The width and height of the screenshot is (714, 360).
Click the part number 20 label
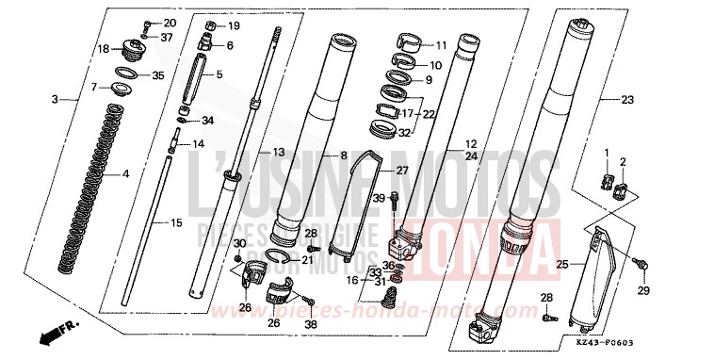[x=170, y=23]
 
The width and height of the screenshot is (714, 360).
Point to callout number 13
[x=277, y=152]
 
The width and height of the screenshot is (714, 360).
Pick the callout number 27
[x=401, y=171]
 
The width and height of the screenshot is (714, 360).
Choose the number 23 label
[x=628, y=99]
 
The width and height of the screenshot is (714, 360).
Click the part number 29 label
[x=644, y=292]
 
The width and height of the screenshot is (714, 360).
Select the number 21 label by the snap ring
[x=307, y=260]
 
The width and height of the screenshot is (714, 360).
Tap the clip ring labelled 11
[x=409, y=42]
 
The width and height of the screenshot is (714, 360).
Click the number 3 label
[x=55, y=99]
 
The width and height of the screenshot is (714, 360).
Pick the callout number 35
[x=158, y=75]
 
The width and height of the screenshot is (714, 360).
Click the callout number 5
[x=219, y=74]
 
